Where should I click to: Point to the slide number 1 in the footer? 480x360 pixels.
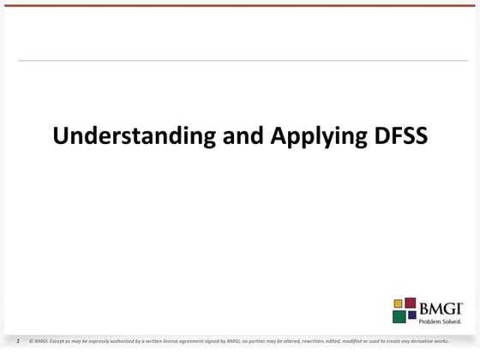(x=18, y=340)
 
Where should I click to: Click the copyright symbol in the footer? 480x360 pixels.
(x=31, y=340)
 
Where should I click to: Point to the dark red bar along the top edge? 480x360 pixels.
(x=240, y=5)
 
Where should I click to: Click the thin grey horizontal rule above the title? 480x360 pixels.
(x=240, y=61)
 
